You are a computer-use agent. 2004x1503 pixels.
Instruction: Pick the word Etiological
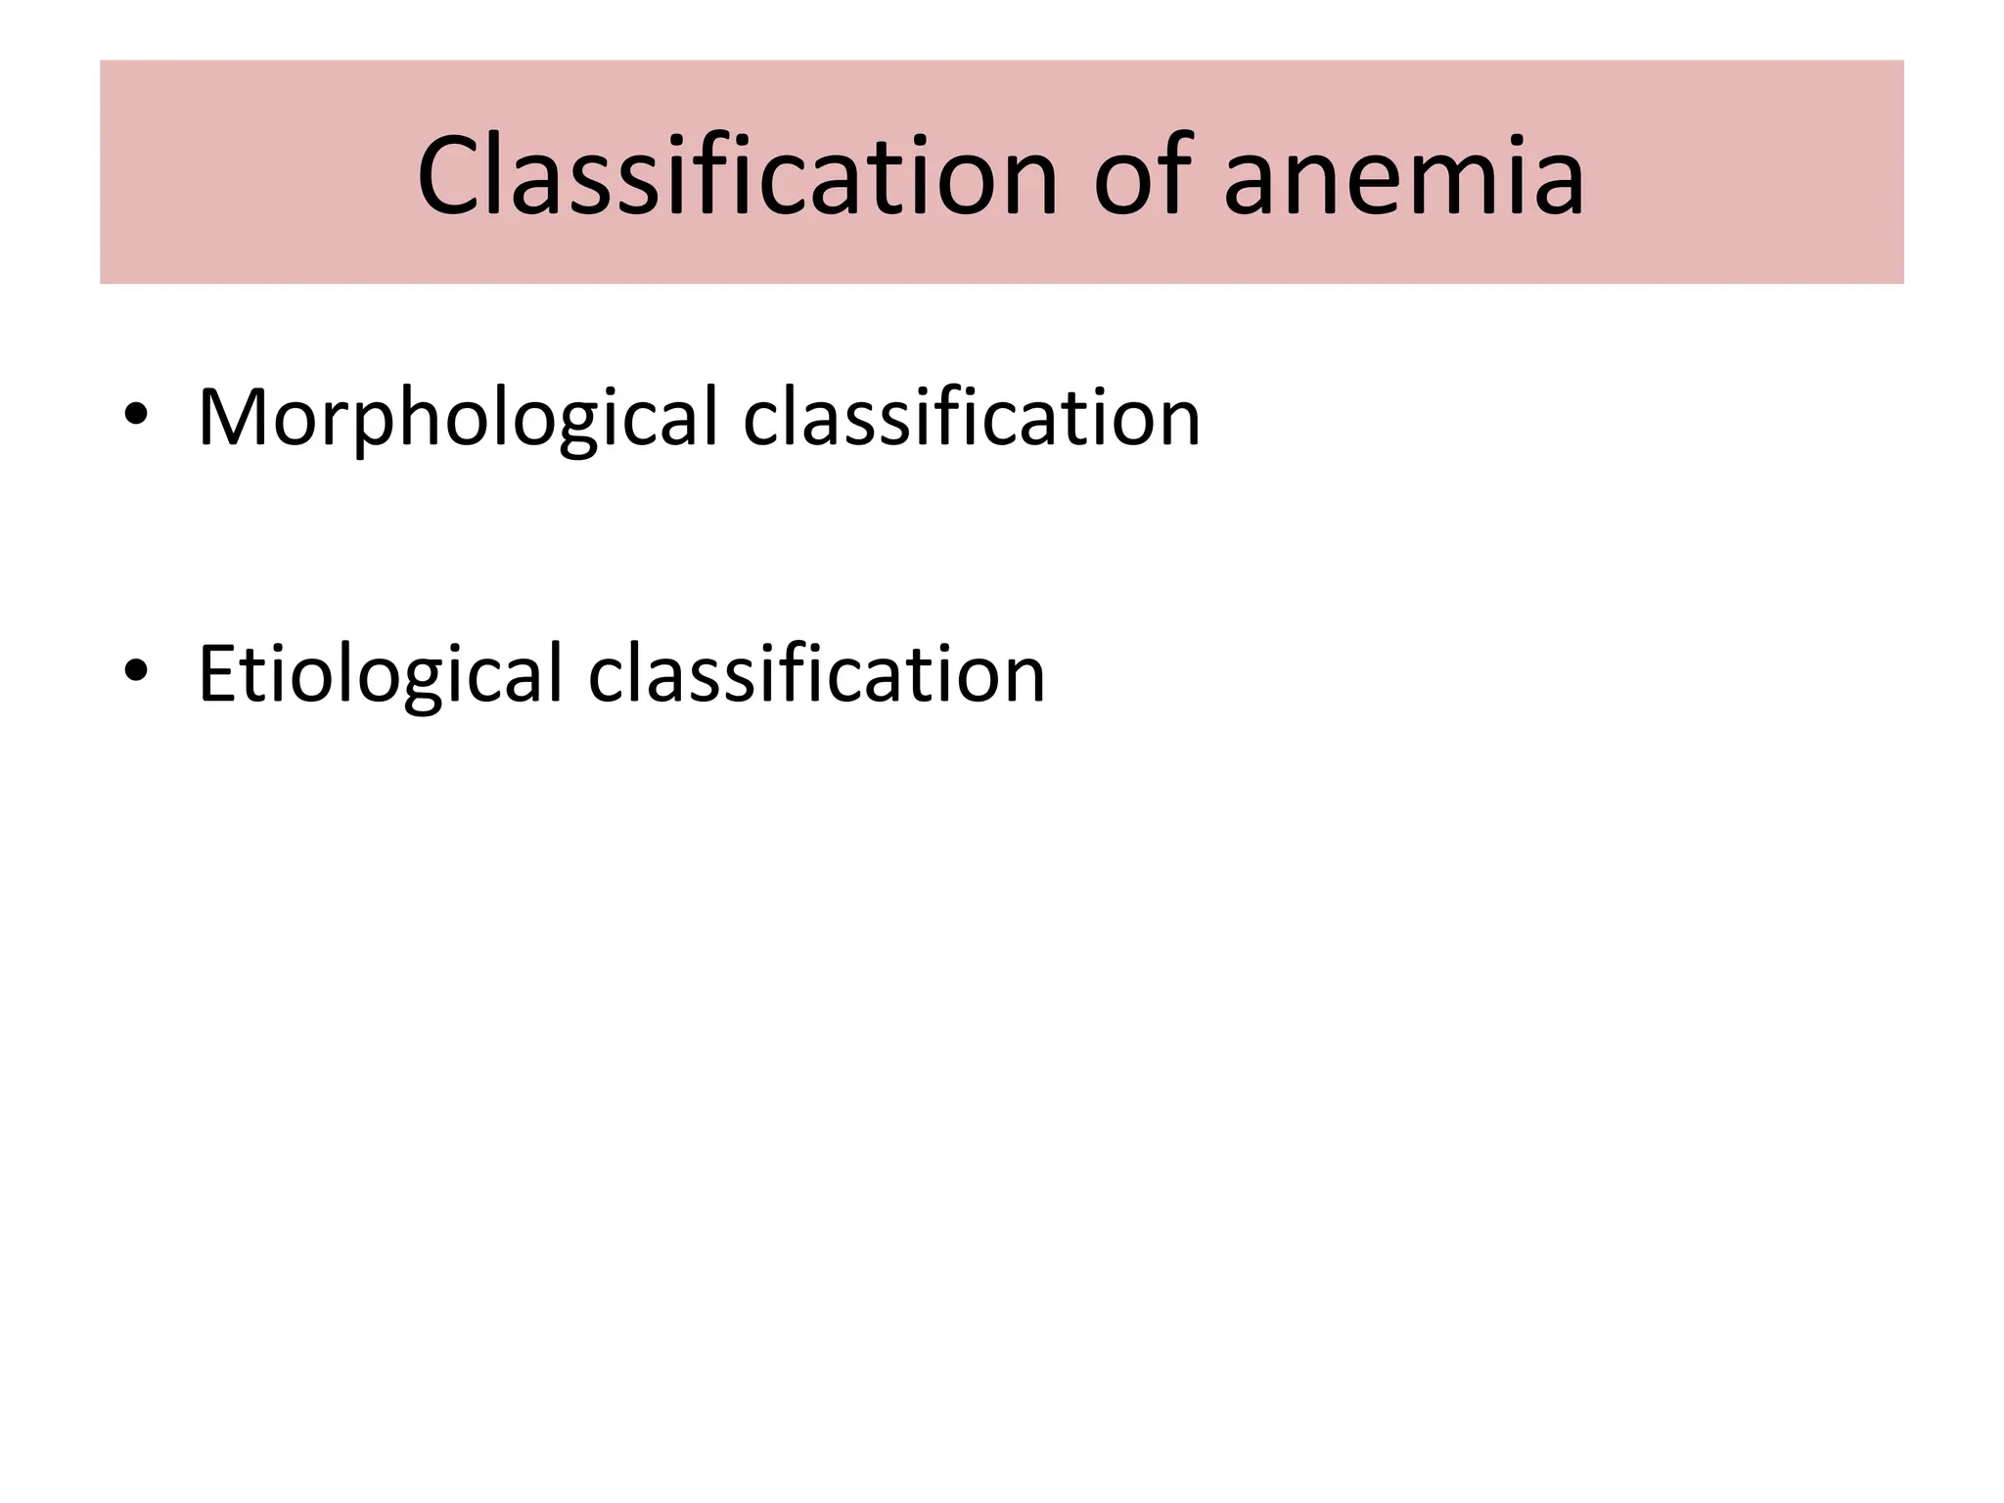pyautogui.click(x=381, y=674)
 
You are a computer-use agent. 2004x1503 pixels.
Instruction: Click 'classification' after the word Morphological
pyautogui.click(x=971, y=418)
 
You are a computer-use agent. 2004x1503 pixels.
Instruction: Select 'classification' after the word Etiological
pyautogui.click(x=816, y=674)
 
